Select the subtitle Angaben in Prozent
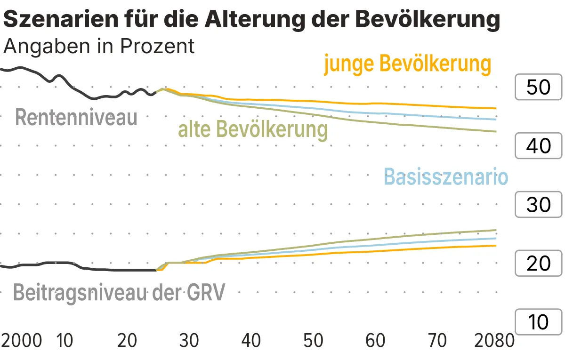(x=99, y=46)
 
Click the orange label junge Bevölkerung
(x=408, y=64)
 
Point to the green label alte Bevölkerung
(x=253, y=128)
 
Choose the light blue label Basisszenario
(x=446, y=177)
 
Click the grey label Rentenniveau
(x=76, y=117)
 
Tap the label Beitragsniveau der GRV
(x=119, y=292)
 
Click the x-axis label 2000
(x=22, y=340)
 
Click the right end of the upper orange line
(x=496, y=108)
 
